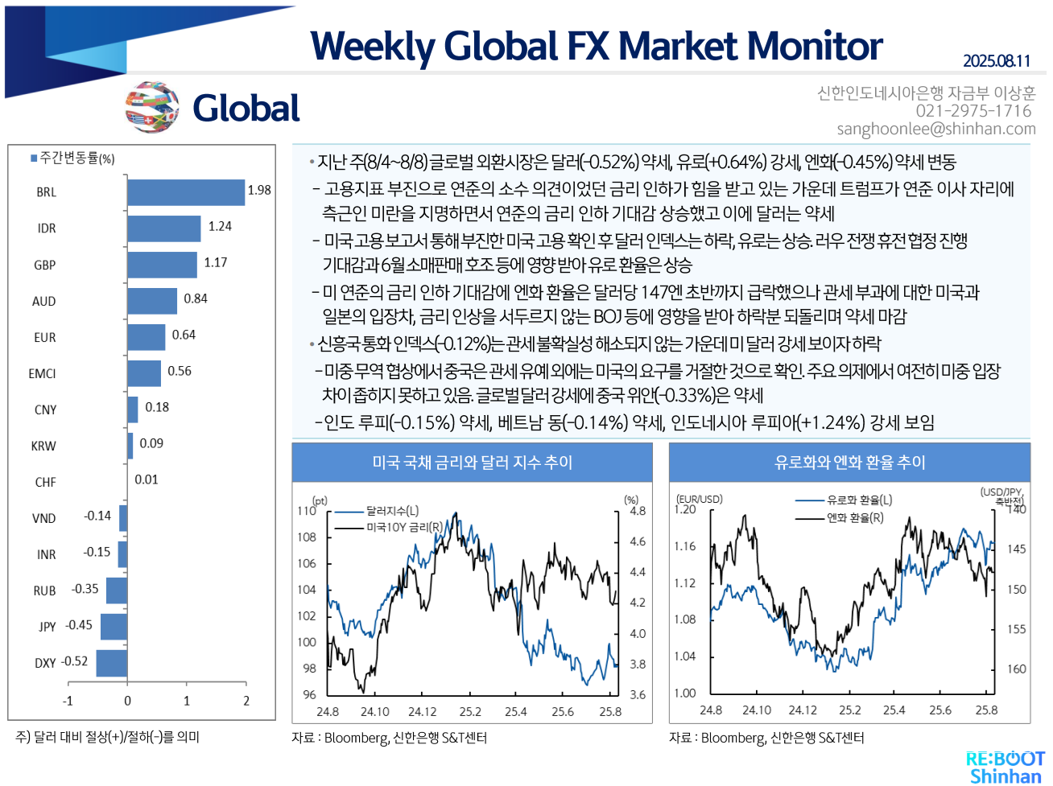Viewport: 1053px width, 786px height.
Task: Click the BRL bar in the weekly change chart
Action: tap(185, 192)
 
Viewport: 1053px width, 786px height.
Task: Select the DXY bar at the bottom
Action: tap(111, 663)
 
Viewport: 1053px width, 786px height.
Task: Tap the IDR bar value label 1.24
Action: tap(220, 227)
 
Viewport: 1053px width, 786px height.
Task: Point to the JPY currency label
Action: tap(47, 627)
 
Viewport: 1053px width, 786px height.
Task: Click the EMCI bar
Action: tap(144, 373)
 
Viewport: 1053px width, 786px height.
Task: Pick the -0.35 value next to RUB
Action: tap(85, 589)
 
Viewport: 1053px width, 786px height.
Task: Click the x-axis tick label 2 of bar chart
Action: tap(246, 701)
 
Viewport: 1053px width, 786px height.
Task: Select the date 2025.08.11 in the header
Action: tap(996, 61)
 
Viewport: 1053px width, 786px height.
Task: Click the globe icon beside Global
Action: tap(152, 107)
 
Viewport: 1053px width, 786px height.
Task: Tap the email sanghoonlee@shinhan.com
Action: tap(935, 129)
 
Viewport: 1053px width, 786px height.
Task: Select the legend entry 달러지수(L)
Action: tap(392, 511)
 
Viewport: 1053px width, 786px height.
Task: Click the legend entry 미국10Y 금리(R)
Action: tap(403, 527)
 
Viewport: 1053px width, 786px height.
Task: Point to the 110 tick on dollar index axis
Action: tap(307, 511)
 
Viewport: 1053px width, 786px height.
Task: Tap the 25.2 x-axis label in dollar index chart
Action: tap(470, 712)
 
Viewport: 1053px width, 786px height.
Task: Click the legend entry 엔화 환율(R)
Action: tap(855, 518)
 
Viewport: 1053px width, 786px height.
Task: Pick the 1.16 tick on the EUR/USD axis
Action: tap(684, 546)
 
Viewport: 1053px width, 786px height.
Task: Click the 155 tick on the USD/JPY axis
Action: tap(1017, 629)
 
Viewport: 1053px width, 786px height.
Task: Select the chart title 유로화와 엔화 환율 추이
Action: tap(849, 463)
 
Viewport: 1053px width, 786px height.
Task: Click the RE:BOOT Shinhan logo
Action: tap(1005, 767)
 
